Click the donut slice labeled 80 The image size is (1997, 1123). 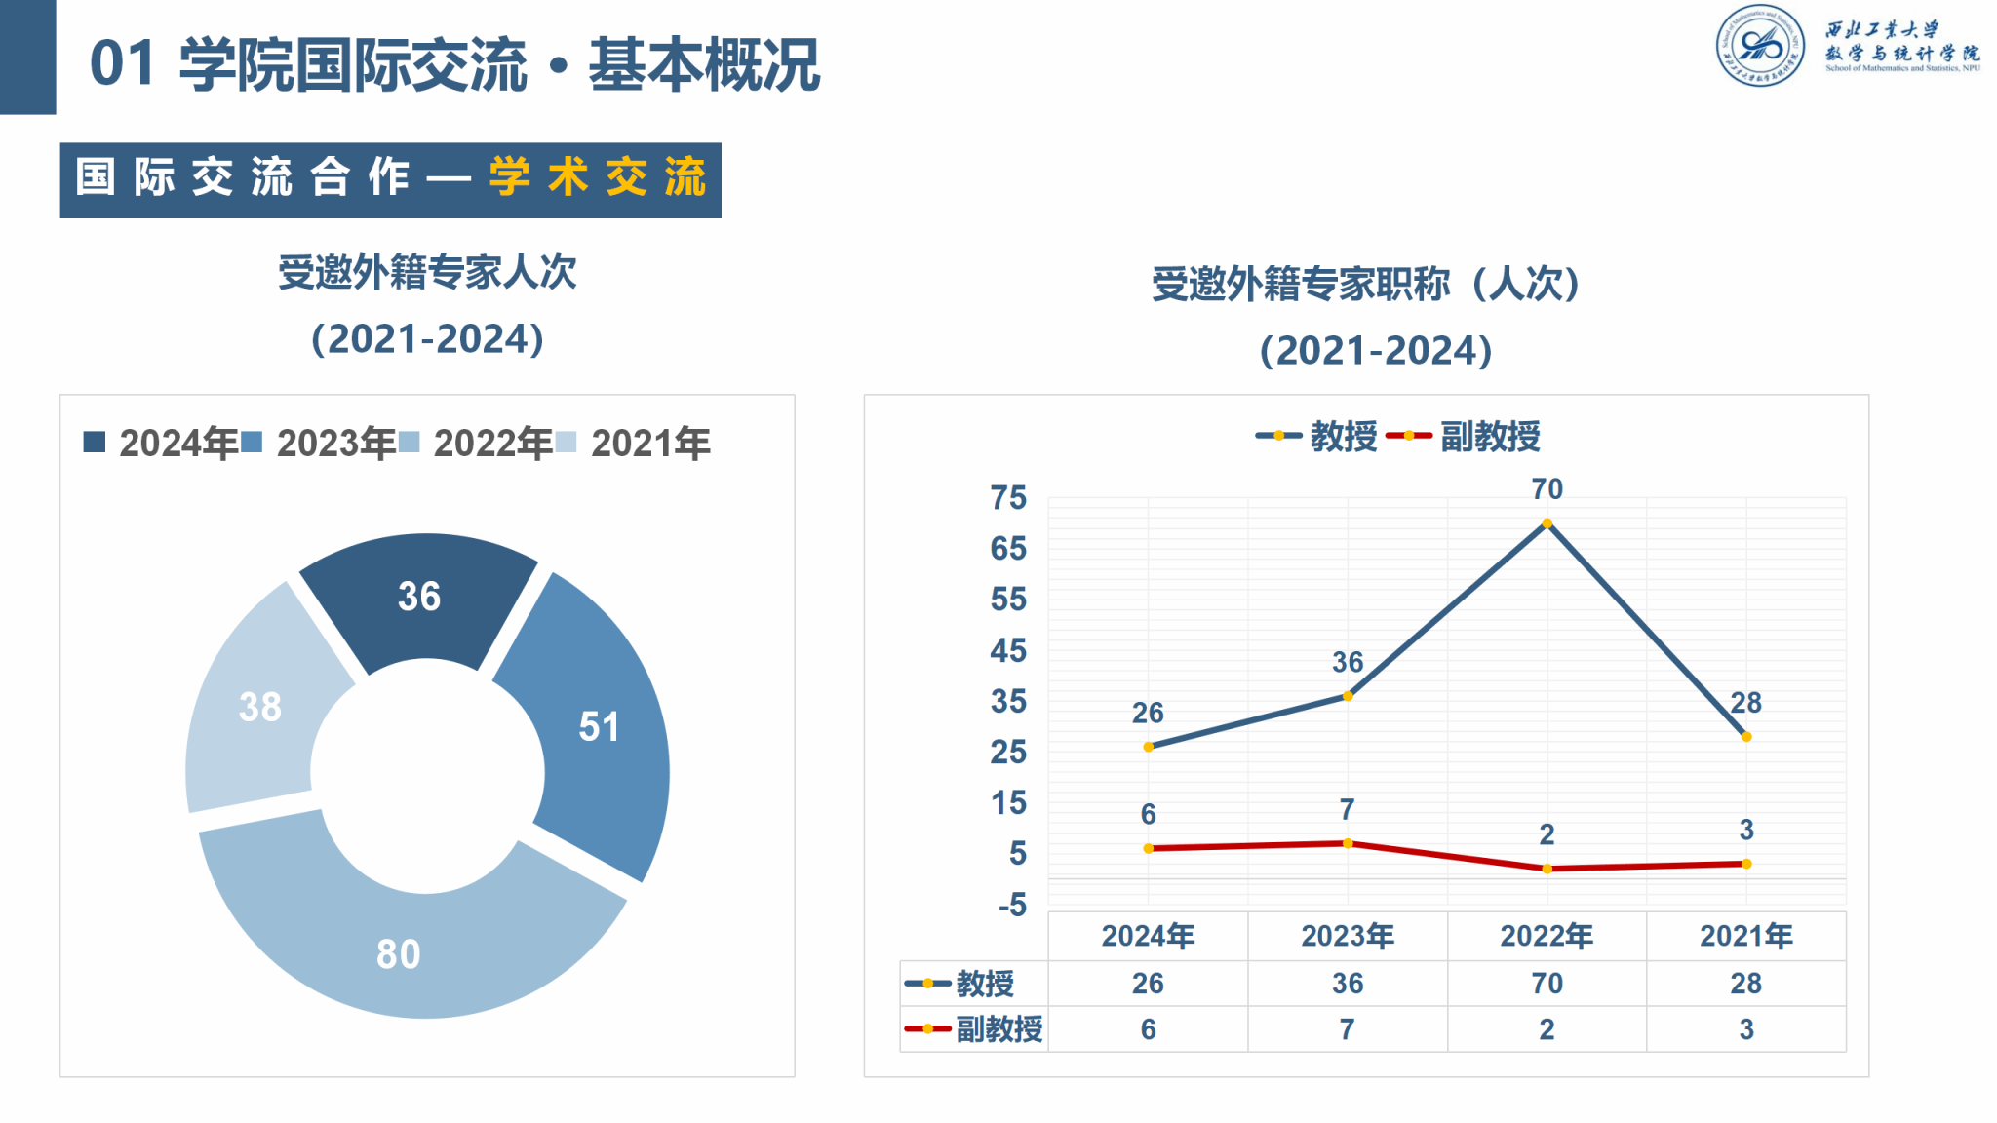(400, 950)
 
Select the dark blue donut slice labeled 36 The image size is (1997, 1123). (419, 597)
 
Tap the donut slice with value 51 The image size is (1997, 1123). (597, 726)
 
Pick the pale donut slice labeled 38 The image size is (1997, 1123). (260, 707)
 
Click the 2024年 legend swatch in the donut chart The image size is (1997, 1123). (95, 443)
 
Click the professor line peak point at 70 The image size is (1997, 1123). (1547, 523)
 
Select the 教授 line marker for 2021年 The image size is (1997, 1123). (1746, 737)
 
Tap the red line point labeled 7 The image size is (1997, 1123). (1348, 843)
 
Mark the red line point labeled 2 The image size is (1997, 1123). (1547, 869)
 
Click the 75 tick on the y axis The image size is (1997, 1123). (1008, 498)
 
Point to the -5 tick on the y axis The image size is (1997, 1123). (1011, 905)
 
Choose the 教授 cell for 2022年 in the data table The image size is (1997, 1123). (1547, 984)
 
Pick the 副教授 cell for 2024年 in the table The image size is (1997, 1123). (1148, 1029)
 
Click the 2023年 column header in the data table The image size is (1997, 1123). (1348, 936)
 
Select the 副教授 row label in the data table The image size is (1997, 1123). (998, 1029)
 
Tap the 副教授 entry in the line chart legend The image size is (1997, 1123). (1489, 437)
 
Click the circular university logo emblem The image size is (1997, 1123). (1761, 45)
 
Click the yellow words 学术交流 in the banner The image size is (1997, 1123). (597, 178)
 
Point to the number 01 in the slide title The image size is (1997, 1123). (122, 64)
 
